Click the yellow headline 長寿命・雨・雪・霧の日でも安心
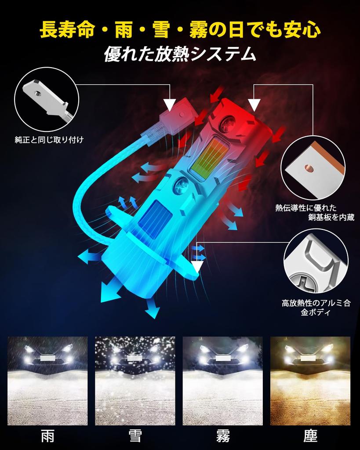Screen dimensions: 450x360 coord(180,30)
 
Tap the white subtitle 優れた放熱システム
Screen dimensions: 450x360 coord(180,54)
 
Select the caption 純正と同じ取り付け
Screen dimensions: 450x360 coord(49,140)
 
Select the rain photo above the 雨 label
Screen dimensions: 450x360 coord(47,381)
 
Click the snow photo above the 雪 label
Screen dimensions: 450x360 coord(135,381)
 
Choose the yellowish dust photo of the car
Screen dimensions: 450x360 coord(310,381)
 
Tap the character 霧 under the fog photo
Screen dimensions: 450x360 coord(222,436)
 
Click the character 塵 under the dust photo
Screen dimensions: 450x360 coord(310,436)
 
